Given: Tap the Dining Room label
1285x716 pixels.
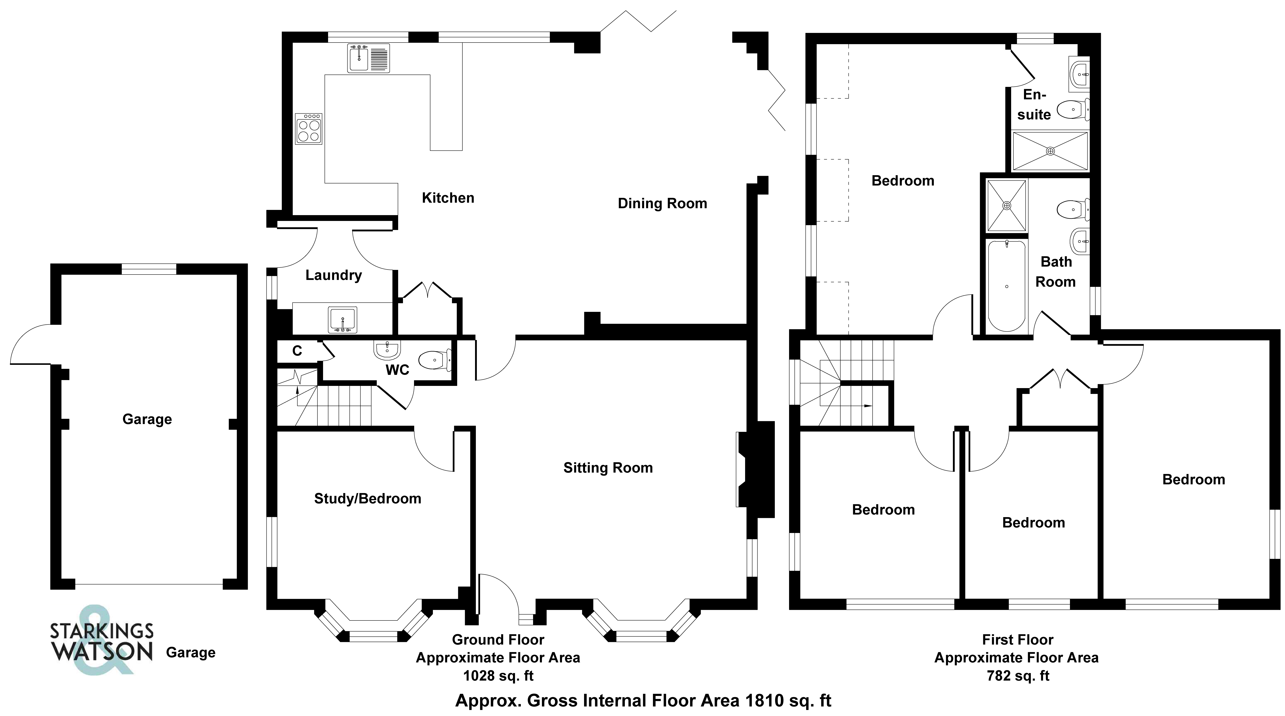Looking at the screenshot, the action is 662,203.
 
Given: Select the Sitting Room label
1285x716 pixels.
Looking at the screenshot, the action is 608,468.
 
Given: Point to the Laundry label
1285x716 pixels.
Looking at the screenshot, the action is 333,275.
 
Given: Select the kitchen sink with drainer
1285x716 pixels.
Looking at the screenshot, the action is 369,58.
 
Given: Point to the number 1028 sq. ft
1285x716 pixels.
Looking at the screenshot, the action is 498,676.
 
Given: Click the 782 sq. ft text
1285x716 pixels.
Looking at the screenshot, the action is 1018,676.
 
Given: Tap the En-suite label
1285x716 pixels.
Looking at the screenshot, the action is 1034,105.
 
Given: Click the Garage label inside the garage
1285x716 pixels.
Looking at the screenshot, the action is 147,419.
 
